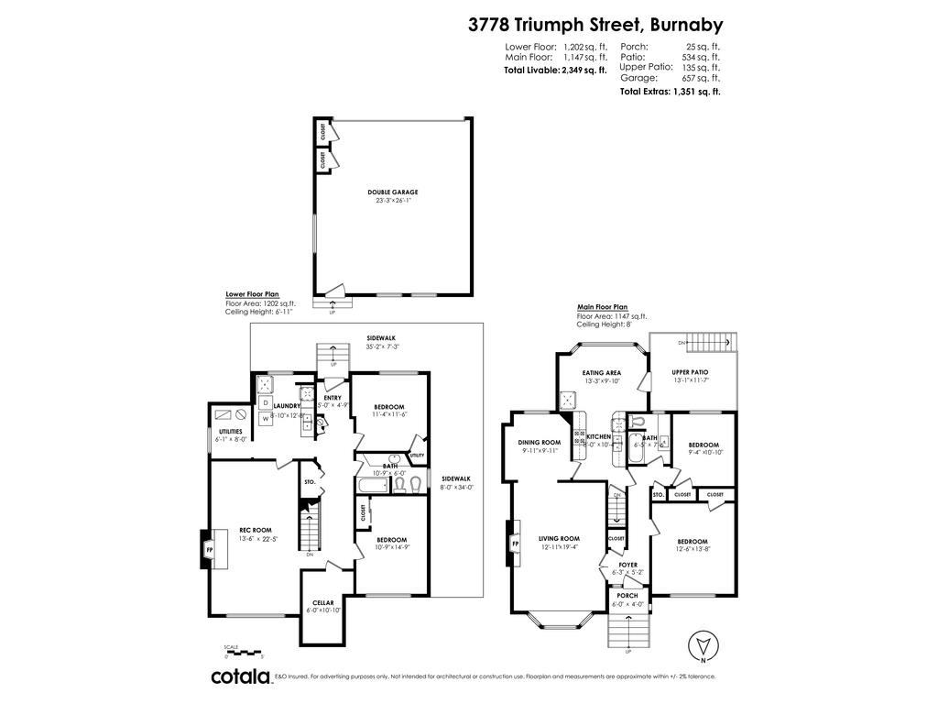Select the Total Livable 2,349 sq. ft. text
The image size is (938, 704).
[555, 69]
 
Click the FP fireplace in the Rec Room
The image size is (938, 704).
[209, 550]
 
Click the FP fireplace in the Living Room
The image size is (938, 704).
[515, 544]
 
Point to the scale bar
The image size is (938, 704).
[244, 650]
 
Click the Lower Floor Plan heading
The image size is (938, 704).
[252, 294]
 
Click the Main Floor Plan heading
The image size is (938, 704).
[602, 307]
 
